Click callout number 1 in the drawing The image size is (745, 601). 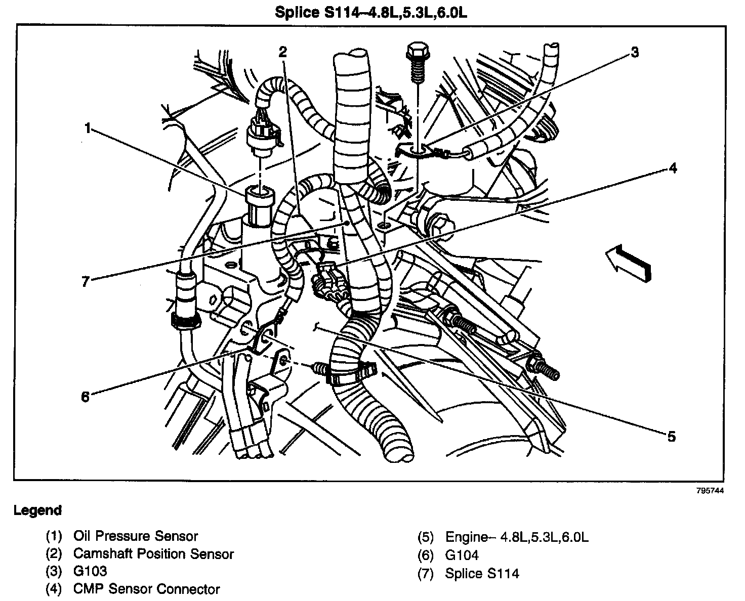88,129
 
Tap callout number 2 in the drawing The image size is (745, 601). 282,51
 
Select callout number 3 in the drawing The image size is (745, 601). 635,52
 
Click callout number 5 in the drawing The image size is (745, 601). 671,436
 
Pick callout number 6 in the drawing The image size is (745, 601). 85,396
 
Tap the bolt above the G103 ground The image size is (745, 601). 417,63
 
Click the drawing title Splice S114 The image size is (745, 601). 371,12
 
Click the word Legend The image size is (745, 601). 37,510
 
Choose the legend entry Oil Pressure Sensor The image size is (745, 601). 135,536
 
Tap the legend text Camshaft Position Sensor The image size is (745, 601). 153,554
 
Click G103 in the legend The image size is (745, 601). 90,571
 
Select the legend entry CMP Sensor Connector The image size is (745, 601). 146,589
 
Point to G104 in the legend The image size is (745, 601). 462,555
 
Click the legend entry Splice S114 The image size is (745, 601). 482,573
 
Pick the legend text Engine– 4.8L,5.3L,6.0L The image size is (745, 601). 517,537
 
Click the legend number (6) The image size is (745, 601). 426,555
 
